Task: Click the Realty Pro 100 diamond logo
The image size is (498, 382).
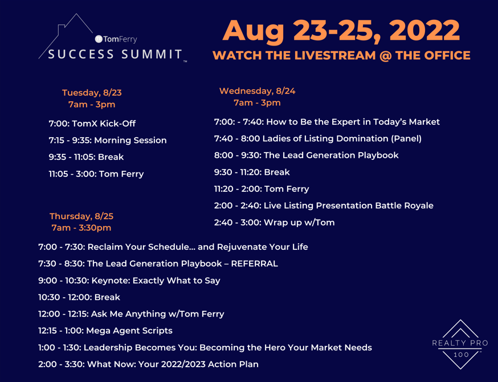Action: click(x=460, y=344)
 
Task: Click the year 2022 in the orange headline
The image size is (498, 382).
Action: click(x=424, y=31)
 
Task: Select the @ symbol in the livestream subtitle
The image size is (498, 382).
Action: click(x=386, y=56)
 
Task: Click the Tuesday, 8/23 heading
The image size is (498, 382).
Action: click(x=92, y=93)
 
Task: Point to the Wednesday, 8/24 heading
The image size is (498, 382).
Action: click(x=257, y=91)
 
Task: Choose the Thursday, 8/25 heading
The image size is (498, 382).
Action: click(x=81, y=216)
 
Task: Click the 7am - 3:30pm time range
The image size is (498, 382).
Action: click(x=81, y=228)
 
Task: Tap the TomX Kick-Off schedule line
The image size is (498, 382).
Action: click(x=92, y=124)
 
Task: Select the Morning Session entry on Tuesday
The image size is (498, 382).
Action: click(x=108, y=140)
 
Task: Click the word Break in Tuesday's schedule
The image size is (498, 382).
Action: click(x=111, y=157)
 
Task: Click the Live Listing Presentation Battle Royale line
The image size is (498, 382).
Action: click(x=324, y=206)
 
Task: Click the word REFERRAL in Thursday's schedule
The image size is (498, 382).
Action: click(x=254, y=264)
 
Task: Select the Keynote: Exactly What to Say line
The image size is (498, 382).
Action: click(x=129, y=281)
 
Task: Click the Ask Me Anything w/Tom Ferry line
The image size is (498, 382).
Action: click(x=131, y=314)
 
